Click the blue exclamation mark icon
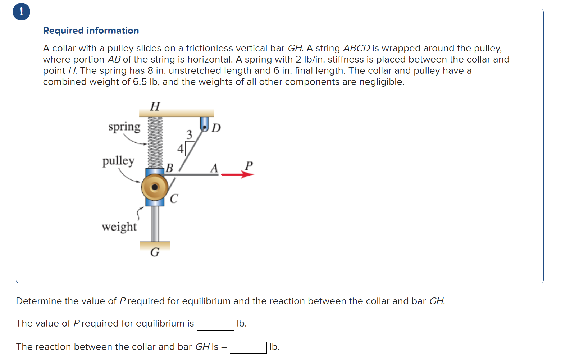[21, 12]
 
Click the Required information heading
[91, 31]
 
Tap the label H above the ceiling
[155, 106]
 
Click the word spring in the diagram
[124, 127]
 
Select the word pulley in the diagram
[118, 161]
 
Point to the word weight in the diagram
[119, 227]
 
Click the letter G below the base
[155, 252]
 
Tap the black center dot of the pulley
[155, 187]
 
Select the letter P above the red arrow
[249, 165]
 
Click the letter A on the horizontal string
[214, 168]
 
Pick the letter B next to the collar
[169, 168]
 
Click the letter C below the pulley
[174, 198]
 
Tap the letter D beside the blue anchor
[216, 128]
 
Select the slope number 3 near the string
[189, 135]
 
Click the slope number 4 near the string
[180, 149]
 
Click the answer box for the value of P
[215, 324]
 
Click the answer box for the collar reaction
[248, 347]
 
